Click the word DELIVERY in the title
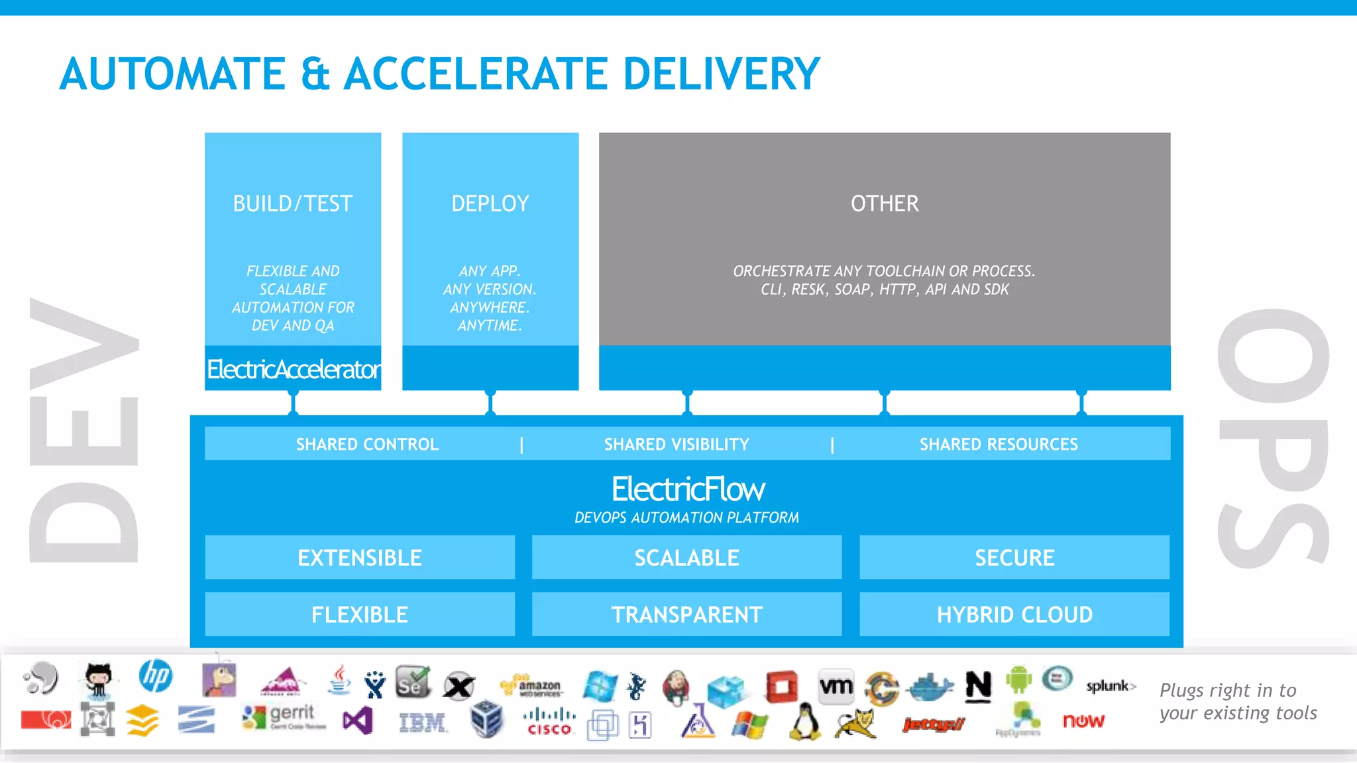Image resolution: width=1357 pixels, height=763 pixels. [721, 74]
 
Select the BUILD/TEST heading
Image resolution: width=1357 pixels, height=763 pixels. [292, 203]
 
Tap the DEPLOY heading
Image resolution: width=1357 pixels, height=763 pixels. [490, 203]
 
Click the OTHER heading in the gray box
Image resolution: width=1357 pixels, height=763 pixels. [885, 203]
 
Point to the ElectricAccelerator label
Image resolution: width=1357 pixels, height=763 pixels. [293, 369]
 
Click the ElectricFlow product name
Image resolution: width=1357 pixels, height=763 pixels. [687, 489]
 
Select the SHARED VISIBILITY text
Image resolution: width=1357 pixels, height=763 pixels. [677, 444]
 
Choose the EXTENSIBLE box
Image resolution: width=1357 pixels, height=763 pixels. [360, 558]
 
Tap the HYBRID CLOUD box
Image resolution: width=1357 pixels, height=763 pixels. [1014, 615]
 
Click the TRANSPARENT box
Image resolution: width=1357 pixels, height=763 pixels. [687, 615]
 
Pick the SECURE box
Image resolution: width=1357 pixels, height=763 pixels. [1014, 558]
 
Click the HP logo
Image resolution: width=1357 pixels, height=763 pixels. [156, 676]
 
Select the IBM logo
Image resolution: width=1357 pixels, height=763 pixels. [423, 722]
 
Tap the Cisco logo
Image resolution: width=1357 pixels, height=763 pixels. [549, 722]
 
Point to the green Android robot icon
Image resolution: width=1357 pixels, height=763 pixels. [1018, 680]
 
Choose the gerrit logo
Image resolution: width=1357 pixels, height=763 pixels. [286, 715]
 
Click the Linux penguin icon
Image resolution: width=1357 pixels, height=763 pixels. [804, 722]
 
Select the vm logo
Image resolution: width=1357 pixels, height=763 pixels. [836, 686]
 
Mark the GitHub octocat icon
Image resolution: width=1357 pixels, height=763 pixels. [98, 680]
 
